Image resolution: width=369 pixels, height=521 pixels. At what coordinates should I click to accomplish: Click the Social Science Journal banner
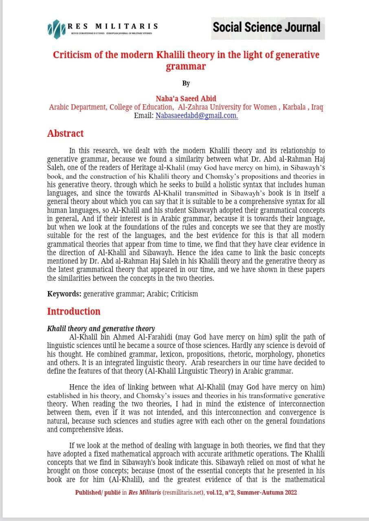pos(267,28)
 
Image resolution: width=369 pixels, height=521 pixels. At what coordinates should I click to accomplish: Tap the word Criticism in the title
pos(72,55)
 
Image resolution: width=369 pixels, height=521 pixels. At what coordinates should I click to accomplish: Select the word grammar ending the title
pos(186,66)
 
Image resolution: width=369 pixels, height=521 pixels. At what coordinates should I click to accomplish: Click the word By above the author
pos(186,83)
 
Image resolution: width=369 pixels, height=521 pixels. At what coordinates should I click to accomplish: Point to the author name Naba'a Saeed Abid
pos(186,99)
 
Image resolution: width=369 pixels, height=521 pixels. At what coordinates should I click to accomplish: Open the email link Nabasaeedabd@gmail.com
pos(197,116)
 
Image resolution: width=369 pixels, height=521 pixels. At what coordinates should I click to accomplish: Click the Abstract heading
pos(65,134)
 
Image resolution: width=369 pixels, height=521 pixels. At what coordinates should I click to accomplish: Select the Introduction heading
pos(74,311)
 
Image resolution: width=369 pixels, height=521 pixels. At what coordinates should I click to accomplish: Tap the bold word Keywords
pos(63,293)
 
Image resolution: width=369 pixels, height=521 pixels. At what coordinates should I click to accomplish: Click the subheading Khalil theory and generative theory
pos(101,328)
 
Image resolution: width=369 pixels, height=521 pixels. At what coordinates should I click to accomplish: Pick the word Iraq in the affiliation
pos(317,107)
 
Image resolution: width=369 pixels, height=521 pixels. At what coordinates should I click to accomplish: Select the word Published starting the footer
pos(88,492)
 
